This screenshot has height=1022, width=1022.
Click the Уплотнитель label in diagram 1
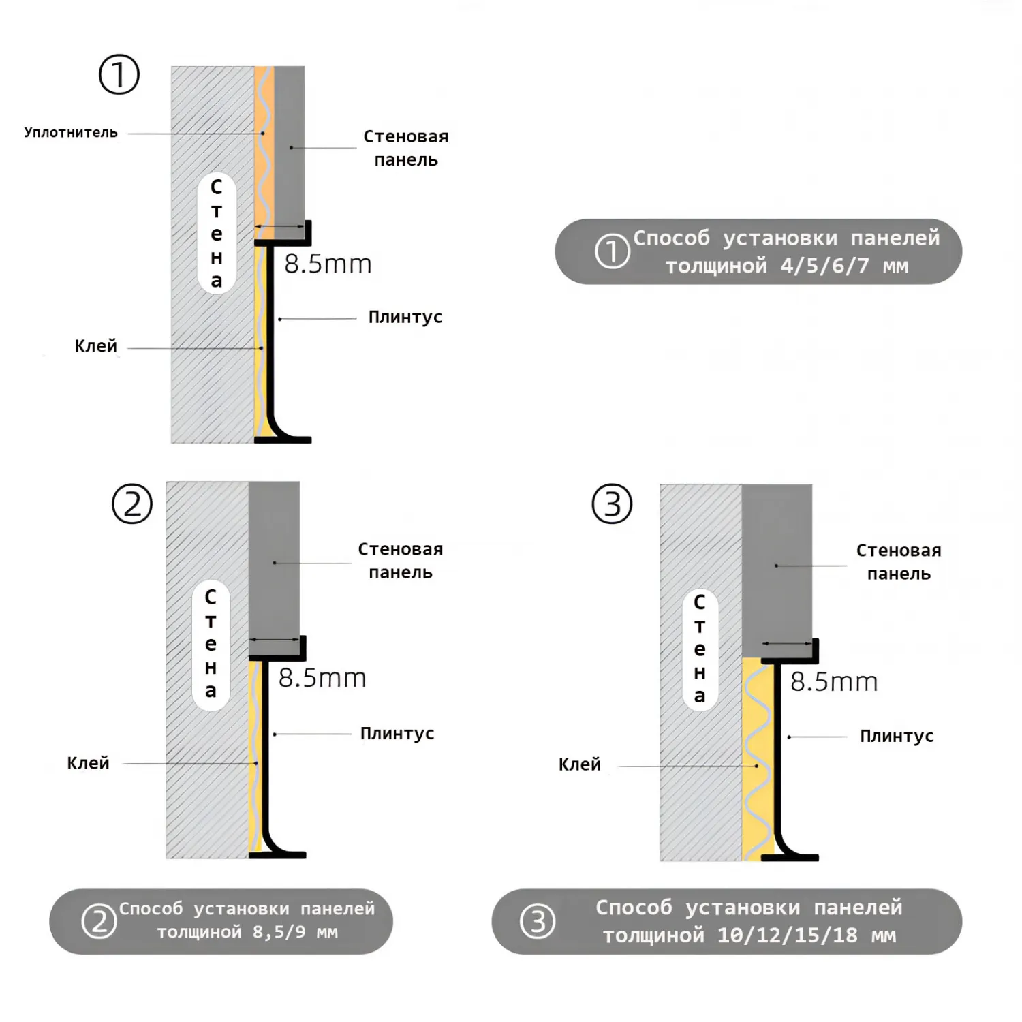pos(71,132)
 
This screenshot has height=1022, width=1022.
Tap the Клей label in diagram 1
pos(95,346)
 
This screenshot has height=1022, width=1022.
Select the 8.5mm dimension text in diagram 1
pos(328,264)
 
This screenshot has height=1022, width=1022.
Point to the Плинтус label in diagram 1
pos(405,317)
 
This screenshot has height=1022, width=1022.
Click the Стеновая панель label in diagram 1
pos(405,148)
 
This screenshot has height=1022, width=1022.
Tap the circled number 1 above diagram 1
pos(119,74)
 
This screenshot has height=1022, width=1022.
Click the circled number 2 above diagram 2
pos(132,504)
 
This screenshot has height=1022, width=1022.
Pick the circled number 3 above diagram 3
pos(612,504)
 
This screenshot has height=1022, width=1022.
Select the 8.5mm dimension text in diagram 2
pos(322,678)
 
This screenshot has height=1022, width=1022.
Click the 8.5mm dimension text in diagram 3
pos(834,682)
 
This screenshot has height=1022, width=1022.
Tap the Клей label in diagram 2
pos(88,763)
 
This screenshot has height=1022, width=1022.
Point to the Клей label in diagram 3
pos(579,764)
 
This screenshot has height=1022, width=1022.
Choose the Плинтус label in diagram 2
pos(397,734)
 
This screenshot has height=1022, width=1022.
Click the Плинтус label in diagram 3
pos(896,736)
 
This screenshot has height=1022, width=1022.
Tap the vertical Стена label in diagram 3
pos(700,649)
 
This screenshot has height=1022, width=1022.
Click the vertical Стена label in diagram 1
pos(217,233)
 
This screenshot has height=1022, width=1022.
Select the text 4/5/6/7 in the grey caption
pos(824,266)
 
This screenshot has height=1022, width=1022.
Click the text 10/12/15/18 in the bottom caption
pos(787,935)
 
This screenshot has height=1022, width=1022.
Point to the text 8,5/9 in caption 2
pos(279,932)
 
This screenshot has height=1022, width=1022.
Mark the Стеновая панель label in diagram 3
pos(898,562)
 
